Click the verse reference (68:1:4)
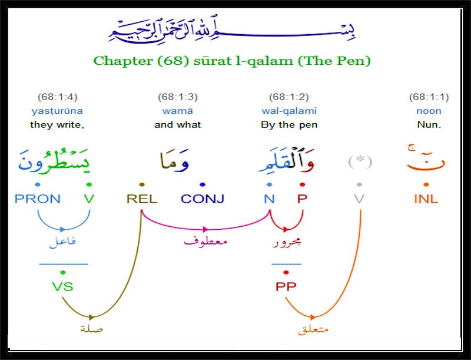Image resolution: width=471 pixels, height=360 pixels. point(57,97)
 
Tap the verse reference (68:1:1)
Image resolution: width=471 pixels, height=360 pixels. point(429,97)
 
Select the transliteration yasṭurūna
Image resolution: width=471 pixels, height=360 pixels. point(57,111)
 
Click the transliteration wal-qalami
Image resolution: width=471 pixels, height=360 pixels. point(289,111)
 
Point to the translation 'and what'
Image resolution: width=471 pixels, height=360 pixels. point(178,125)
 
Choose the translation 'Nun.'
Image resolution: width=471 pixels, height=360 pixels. point(429,125)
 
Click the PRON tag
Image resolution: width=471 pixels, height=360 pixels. point(38,199)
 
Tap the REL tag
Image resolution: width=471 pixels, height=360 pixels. point(142,199)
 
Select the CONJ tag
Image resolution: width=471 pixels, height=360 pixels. point(203,199)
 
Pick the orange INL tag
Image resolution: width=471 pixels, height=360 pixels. point(426,199)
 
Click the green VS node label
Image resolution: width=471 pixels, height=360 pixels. point(62,286)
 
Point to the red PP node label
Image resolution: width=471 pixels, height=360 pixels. point(286,286)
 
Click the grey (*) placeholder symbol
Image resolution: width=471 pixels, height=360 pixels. point(360,162)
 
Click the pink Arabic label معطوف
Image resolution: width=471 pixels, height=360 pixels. point(205,241)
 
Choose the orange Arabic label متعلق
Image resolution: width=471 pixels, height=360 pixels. point(313,329)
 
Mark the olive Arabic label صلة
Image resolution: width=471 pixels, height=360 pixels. point(92,329)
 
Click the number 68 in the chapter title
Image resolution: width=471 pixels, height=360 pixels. point(174,61)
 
